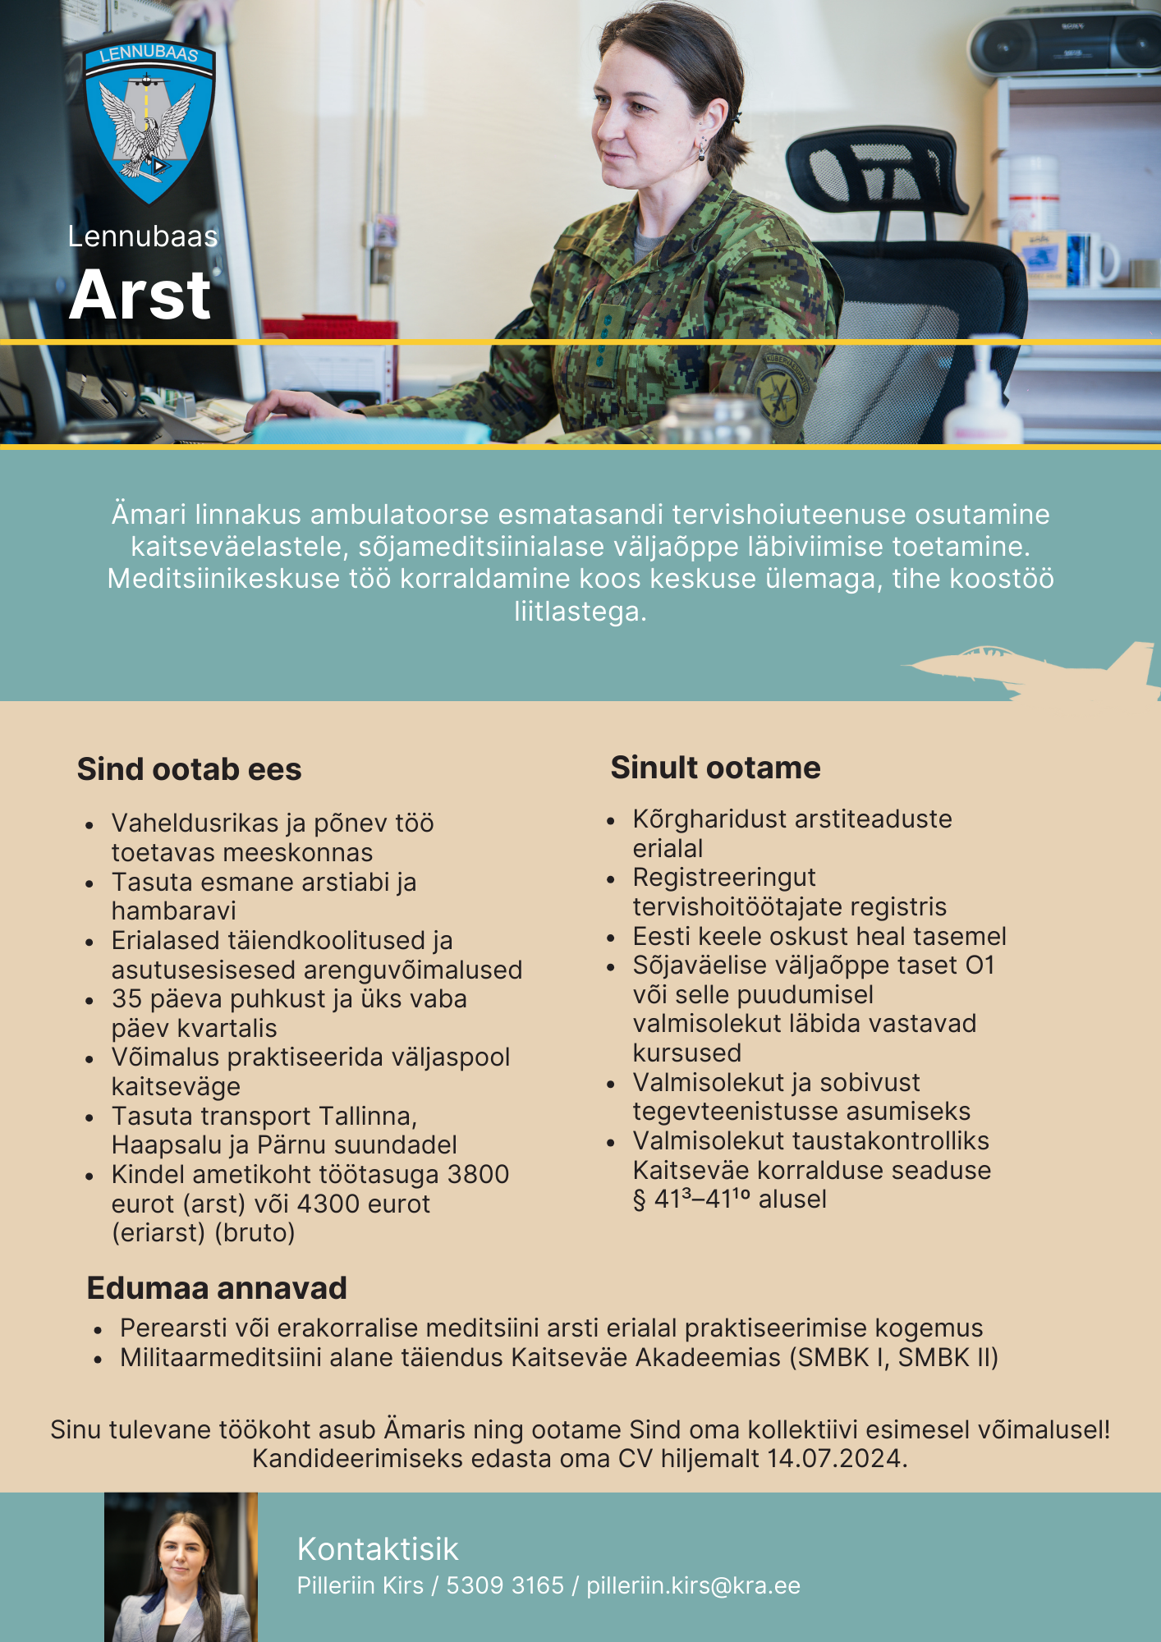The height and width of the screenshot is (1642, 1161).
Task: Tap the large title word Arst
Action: (x=140, y=295)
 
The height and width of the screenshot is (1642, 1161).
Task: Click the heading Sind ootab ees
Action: (x=189, y=769)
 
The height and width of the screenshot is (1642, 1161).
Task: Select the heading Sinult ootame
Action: (x=715, y=768)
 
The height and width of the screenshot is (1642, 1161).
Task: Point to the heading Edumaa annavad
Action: (x=217, y=1288)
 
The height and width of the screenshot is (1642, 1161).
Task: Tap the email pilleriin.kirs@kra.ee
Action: (x=693, y=1585)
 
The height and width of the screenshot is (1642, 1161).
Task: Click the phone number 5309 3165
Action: (x=505, y=1585)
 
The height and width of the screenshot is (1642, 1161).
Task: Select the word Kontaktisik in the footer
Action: (x=378, y=1549)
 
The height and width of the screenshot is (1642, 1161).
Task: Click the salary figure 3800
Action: (x=478, y=1175)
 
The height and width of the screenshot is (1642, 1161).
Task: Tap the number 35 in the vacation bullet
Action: (x=127, y=999)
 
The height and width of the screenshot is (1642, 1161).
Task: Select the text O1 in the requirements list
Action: (x=980, y=965)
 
